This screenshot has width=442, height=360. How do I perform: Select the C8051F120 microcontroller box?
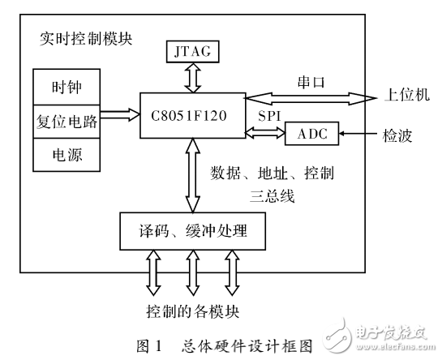(192, 114)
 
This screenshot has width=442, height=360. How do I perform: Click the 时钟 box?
(65, 86)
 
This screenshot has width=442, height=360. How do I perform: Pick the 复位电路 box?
(66, 120)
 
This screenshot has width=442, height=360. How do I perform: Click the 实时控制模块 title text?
(86, 38)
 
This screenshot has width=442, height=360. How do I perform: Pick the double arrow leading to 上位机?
(311, 100)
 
